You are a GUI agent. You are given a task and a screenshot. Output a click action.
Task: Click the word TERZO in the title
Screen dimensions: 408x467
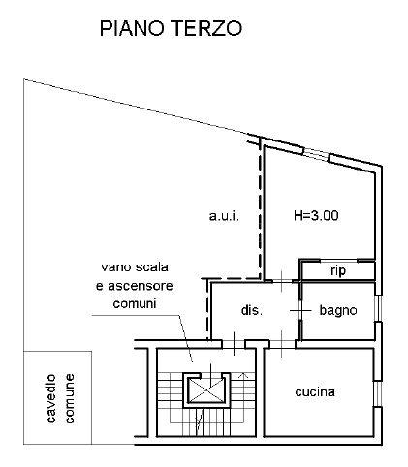tap(208, 28)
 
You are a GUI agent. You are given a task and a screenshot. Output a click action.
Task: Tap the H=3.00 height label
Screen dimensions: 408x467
tap(316, 215)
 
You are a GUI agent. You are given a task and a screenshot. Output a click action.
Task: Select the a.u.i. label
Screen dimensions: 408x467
tap(224, 216)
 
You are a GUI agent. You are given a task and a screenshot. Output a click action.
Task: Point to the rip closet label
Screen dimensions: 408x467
tap(338, 271)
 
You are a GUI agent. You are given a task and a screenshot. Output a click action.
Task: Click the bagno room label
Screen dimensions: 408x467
tap(338, 310)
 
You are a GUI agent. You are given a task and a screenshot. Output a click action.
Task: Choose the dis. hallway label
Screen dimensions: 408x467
tap(252, 310)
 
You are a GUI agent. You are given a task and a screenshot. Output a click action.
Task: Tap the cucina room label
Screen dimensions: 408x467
tap(315, 392)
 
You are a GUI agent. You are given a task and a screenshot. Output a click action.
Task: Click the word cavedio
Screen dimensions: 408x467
tap(51, 398)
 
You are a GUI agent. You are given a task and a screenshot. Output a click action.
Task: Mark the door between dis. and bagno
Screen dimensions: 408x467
tap(300, 311)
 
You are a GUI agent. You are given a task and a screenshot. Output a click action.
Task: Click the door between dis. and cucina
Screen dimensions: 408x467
tap(281, 344)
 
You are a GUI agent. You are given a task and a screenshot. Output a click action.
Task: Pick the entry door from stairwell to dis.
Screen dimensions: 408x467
tap(234, 344)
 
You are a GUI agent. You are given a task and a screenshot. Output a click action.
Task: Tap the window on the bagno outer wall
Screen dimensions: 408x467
tap(378, 308)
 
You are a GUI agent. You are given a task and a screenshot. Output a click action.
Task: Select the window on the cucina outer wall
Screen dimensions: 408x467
tap(378, 393)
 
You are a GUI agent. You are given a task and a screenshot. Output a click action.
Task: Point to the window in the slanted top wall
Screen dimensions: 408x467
tap(316, 154)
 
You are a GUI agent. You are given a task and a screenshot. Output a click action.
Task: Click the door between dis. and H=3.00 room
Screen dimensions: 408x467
tap(281, 281)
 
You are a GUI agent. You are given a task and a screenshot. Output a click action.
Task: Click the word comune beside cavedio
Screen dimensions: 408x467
tap(70, 398)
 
